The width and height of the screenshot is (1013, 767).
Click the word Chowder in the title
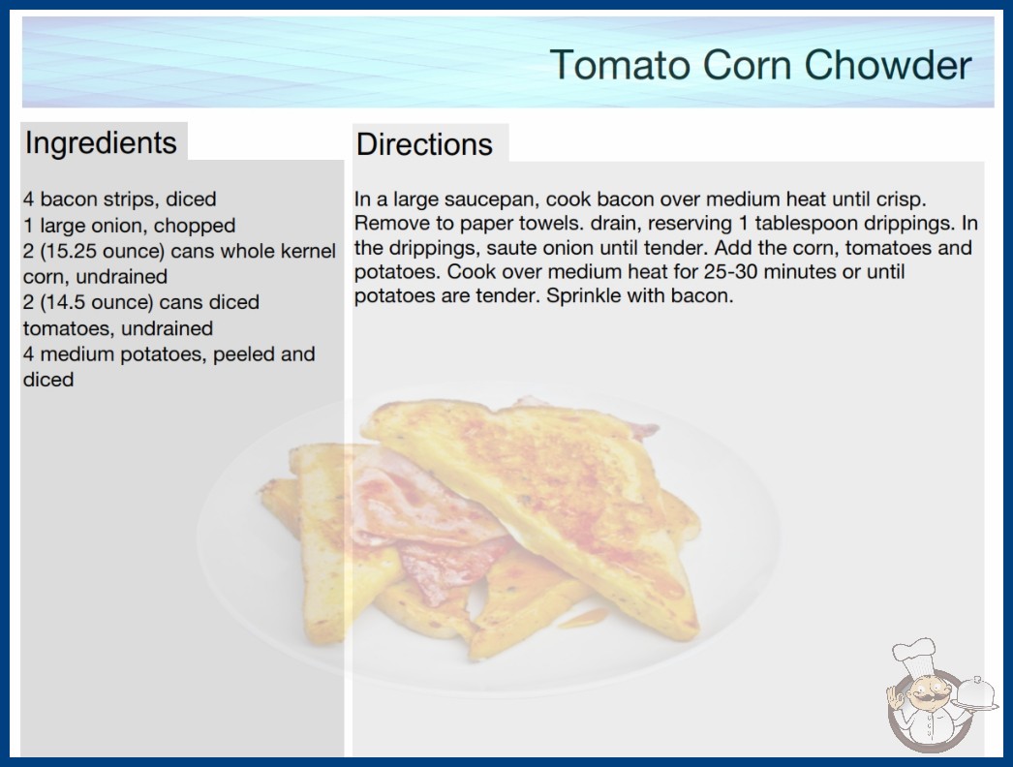coord(888,65)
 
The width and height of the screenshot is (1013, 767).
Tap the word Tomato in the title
coord(621,65)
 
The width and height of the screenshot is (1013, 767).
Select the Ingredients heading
coord(101,143)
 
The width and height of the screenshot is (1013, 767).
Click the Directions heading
coord(424,144)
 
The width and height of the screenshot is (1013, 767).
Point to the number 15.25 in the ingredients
coord(70,251)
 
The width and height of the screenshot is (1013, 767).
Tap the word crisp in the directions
coord(900,199)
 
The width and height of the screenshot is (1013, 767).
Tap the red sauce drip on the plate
coord(583,619)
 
